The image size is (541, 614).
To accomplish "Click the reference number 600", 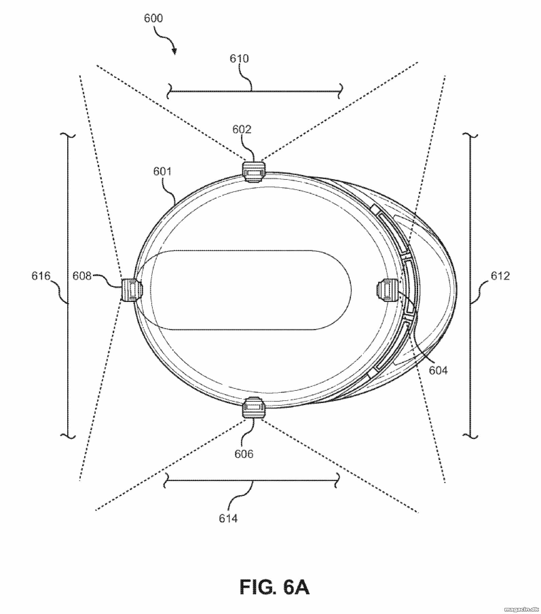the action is click(153, 18).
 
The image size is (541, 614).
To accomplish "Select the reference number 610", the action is click(239, 59).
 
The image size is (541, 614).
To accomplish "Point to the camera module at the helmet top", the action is click(254, 171).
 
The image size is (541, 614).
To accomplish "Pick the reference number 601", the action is click(163, 171).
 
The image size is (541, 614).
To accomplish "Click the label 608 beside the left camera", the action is click(82, 276).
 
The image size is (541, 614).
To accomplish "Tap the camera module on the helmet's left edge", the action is click(132, 289).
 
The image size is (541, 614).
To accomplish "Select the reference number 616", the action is click(41, 276).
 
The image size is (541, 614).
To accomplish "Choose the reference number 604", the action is click(438, 370).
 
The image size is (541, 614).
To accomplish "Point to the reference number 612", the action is click(500, 276).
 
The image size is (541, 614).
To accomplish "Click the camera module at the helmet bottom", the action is click(254, 407).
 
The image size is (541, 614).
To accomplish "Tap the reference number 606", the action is click(244, 454).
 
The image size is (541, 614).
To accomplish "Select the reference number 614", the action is click(228, 518).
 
